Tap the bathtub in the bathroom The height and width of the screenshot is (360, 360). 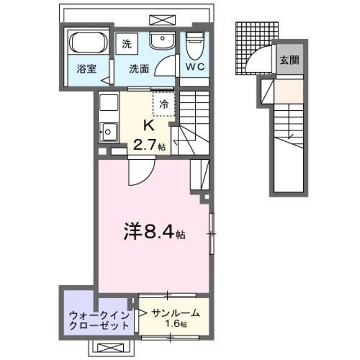tap(88, 43)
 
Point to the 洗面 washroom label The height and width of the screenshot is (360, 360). tap(139, 70)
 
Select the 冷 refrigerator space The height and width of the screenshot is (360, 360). tap(164, 103)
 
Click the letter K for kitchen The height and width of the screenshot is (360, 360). tap(149, 125)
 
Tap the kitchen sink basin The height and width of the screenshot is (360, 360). tap(107, 133)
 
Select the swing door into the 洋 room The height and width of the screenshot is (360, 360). tap(138, 172)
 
